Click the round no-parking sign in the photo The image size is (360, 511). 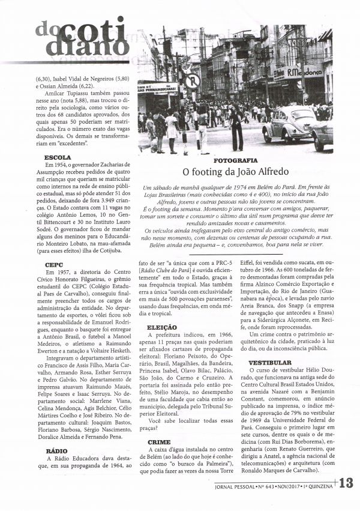192,81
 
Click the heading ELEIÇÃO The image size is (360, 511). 161,328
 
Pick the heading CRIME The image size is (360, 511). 158,441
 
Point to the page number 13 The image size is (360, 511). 349,483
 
